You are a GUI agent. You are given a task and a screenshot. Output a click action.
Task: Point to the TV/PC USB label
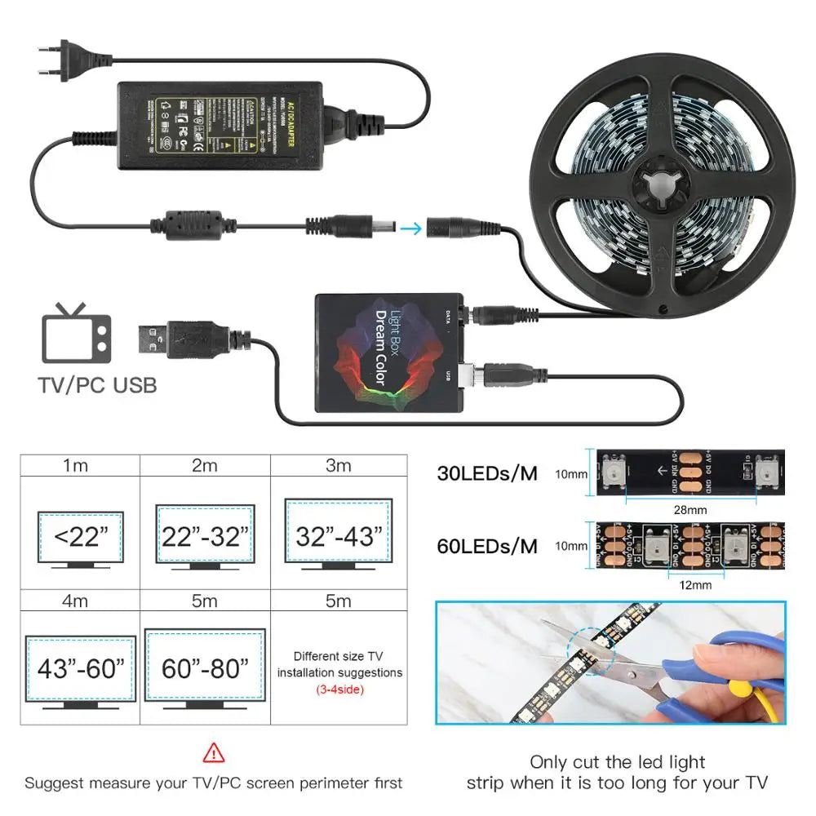(98, 384)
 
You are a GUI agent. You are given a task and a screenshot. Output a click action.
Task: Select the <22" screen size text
(81, 537)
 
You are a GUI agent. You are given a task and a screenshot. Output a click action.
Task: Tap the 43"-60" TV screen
(81, 669)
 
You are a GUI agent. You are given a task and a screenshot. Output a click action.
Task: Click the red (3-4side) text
(339, 690)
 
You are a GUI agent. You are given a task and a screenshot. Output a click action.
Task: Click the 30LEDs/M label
(486, 473)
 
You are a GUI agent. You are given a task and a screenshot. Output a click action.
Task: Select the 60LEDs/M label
(486, 546)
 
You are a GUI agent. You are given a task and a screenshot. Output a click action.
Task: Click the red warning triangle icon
(214, 752)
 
